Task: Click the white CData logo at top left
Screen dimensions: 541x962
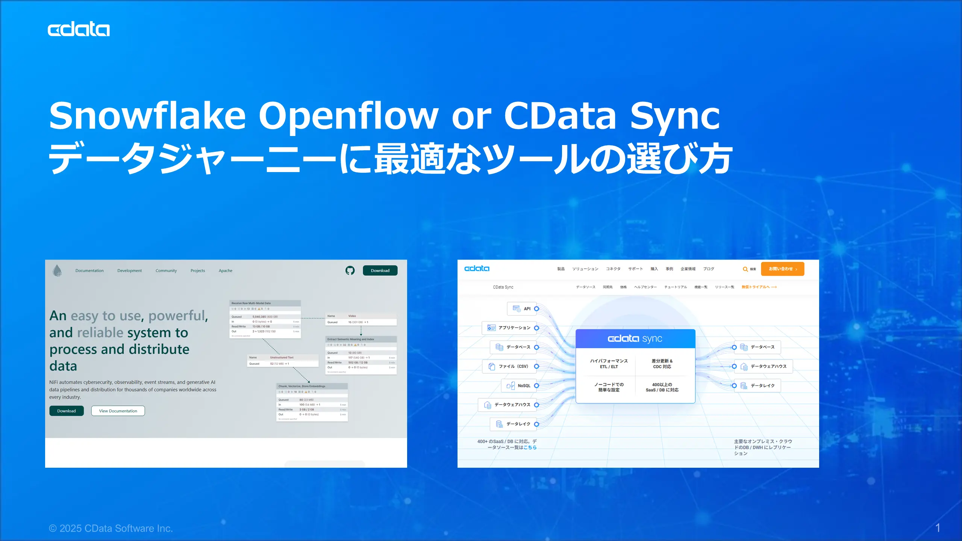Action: tap(79, 29)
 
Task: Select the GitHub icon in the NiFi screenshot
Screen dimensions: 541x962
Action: tap(350, 270)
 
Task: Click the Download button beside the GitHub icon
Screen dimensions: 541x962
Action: tap(380, 270)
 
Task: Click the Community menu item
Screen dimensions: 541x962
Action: tap(166, 270)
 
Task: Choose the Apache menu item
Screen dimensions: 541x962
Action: tap(225, 270)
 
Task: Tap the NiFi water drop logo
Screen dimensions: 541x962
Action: tap(57, 270)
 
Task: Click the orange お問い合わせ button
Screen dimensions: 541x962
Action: tap(782, 269)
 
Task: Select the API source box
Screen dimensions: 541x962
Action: tap(522, 309)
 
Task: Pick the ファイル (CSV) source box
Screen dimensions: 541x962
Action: tap(509, 366)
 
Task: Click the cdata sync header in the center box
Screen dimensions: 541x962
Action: tap(635, 339)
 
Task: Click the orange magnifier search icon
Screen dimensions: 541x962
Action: tap(745, 269)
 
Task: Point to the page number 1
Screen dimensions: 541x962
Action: tap(938, 528)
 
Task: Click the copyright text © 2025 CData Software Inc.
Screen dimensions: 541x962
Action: tap(111, 528)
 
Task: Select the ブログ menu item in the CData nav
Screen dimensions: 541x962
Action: tap(708, 269)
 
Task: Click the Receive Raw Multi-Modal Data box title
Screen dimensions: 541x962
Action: tap(251, 303)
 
